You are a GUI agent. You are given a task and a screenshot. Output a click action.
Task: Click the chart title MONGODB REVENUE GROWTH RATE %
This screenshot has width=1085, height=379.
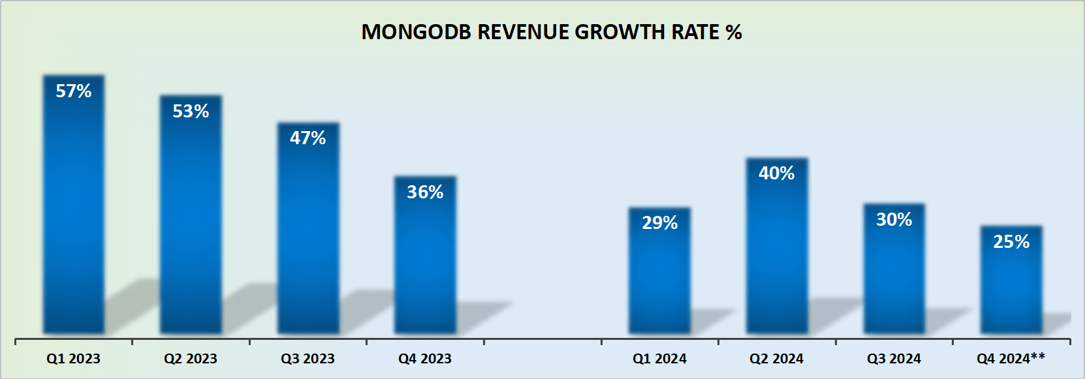click(552, 32)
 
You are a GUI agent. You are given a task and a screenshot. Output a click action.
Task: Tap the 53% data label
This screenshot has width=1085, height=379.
click(191, 112)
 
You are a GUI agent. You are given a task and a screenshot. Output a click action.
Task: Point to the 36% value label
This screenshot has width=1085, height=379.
click(425, 192)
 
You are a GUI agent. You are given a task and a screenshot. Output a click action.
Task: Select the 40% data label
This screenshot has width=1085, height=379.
click(776, 174)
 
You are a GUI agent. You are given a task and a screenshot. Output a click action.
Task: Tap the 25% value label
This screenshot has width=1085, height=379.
click(1011, 242)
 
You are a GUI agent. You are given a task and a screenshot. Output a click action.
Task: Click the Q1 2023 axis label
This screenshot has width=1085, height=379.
click(73, 359)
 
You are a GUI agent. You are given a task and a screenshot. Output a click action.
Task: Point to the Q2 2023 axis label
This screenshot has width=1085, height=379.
click(191, 359)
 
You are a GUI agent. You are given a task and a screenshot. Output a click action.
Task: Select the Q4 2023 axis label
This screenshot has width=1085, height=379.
click(425, 359)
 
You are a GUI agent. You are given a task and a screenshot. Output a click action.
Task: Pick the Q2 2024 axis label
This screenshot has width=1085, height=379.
click(776, 359)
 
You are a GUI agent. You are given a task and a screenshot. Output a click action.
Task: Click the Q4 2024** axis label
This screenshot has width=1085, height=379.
click(1011, 358)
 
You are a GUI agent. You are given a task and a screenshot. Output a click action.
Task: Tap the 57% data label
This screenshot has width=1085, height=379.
click(74, 91)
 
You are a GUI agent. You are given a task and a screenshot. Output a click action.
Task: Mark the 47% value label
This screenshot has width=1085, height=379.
click(308, 138)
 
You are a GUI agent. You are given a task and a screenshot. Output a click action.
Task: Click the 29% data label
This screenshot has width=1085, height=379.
click(659, 223)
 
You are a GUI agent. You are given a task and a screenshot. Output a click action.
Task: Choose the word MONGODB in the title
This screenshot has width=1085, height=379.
click(416, 32)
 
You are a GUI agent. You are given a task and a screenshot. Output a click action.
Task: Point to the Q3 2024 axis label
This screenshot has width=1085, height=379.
click(894, 359)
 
